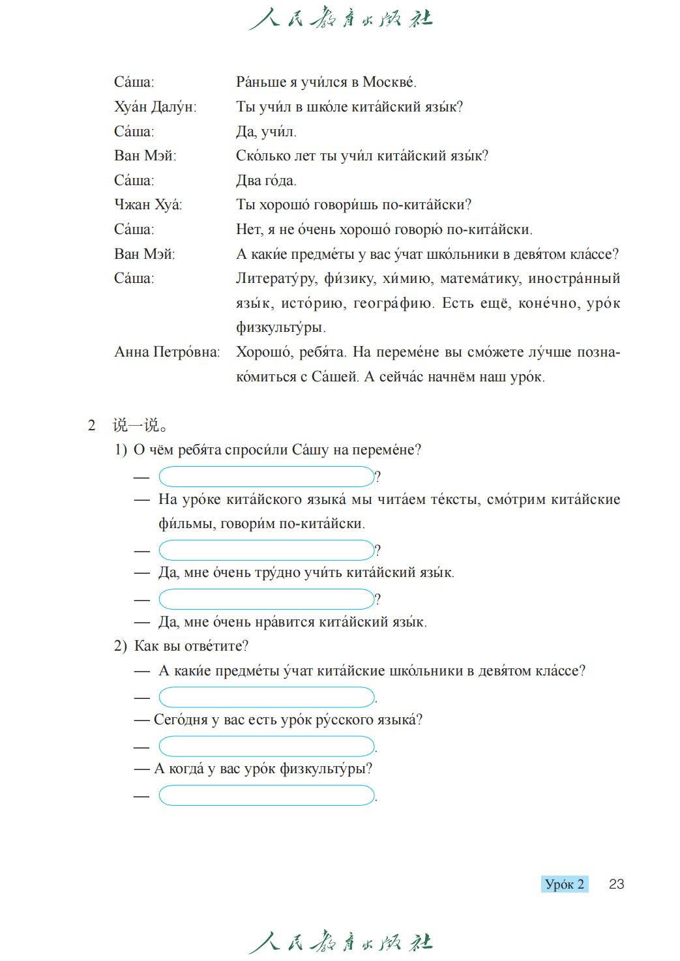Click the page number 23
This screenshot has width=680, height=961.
coord(616,884)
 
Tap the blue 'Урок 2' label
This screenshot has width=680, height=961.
coord(565,884)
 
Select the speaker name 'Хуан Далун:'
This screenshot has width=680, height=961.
coord(155,107)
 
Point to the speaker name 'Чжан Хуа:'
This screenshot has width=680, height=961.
coord(148,205)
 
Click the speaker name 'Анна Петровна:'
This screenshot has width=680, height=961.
coord(167,352)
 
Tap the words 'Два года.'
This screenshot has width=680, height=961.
coord(266,181)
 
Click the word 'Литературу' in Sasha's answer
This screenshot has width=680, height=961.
coord(276,279)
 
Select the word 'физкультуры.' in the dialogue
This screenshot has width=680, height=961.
coord(280,327)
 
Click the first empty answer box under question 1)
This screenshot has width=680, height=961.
coord(267,477)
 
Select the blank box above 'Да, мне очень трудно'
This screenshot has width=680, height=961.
coord(267,550)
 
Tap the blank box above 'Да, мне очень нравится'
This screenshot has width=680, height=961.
coord(267,599)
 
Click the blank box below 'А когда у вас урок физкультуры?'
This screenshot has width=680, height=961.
coord(267,795)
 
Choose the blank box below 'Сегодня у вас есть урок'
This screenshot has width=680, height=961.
coord(267,746)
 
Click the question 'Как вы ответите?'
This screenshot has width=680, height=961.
coord(191,646)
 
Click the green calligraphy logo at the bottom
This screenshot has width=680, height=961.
coord(340,942)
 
